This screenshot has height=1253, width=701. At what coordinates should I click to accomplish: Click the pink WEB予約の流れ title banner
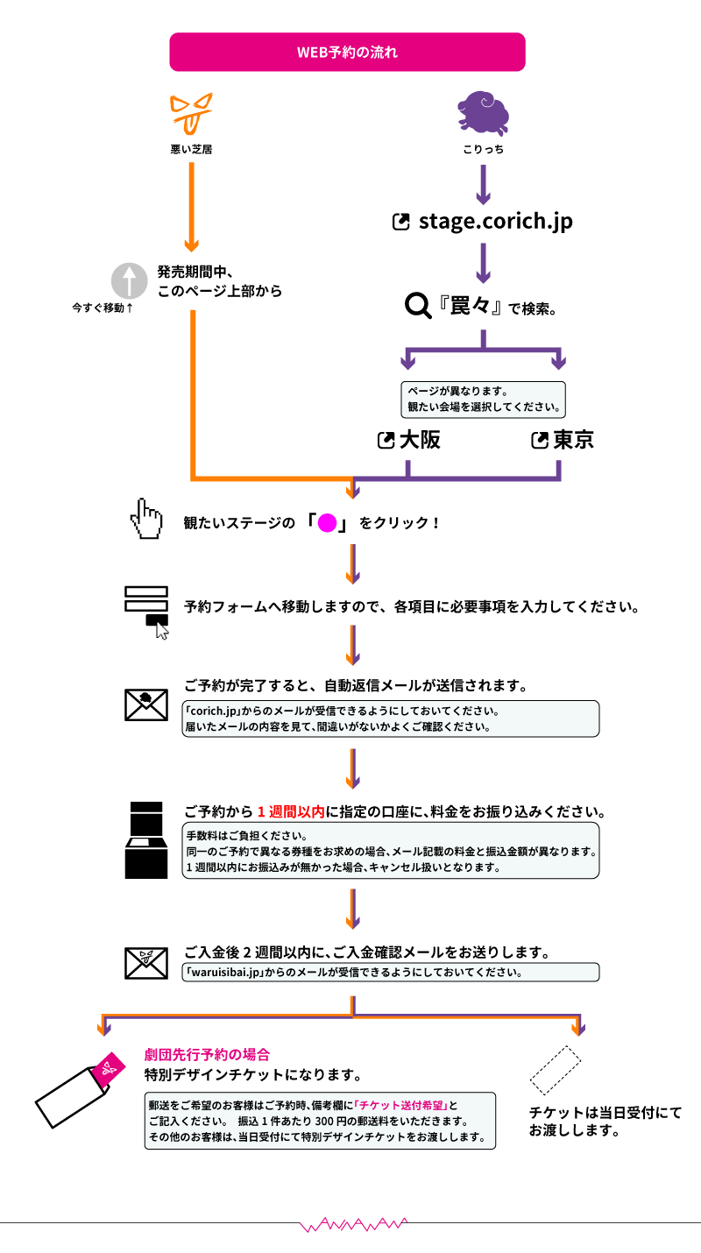[347, 53]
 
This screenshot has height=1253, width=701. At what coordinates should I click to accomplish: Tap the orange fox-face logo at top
[191, 113]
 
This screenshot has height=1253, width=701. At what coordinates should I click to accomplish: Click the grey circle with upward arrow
[130, 281]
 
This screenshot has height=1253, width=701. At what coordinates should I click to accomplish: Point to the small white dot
[416, 304]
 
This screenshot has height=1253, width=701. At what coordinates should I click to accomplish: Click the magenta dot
[327, 523]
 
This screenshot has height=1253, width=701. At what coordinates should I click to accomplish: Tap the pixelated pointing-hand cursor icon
[147, 519]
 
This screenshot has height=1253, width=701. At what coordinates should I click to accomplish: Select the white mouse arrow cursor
[162, 631]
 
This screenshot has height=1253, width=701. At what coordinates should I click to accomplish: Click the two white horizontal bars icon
[146, 598]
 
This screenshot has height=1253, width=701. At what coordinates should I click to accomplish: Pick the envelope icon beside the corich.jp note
[146, 705]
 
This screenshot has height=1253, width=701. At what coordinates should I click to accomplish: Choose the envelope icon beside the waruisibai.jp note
[146, 963]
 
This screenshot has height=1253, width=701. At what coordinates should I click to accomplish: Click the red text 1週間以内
[291, 812]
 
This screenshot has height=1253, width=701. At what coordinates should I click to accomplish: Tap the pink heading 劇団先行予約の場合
[207, 1055]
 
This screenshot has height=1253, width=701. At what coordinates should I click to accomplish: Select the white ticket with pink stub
[81, 1089]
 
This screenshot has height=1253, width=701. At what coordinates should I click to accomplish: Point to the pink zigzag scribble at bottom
[353, 1224]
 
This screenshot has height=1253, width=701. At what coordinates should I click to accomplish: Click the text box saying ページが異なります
[483, 400]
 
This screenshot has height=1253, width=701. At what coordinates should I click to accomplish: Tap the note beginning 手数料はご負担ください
[391, 851]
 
